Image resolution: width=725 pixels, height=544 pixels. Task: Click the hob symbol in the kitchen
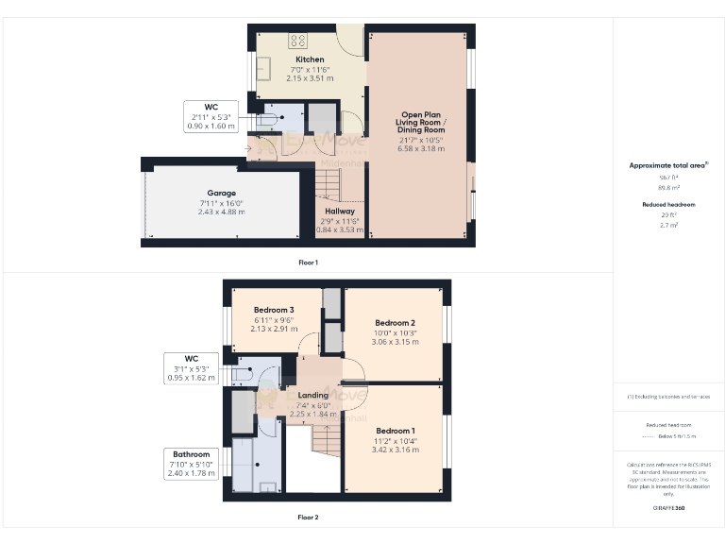298,40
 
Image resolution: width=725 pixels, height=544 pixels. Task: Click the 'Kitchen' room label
310,59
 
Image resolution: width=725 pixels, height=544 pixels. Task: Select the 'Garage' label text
222,193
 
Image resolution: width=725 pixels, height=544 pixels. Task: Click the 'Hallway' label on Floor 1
340,212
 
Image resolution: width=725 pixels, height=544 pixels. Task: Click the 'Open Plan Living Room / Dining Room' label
420,122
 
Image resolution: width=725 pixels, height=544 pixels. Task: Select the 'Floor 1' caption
308,262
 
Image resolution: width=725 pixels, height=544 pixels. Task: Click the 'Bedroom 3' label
273,310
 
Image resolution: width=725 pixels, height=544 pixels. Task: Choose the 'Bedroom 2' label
394,323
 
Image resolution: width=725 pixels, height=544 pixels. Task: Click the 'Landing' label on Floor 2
312,395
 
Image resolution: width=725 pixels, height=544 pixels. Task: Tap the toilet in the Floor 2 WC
248,373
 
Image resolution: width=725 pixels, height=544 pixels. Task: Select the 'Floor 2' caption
308,518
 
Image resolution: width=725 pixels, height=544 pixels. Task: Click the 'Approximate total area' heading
668,165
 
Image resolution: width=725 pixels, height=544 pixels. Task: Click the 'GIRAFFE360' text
668,509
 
